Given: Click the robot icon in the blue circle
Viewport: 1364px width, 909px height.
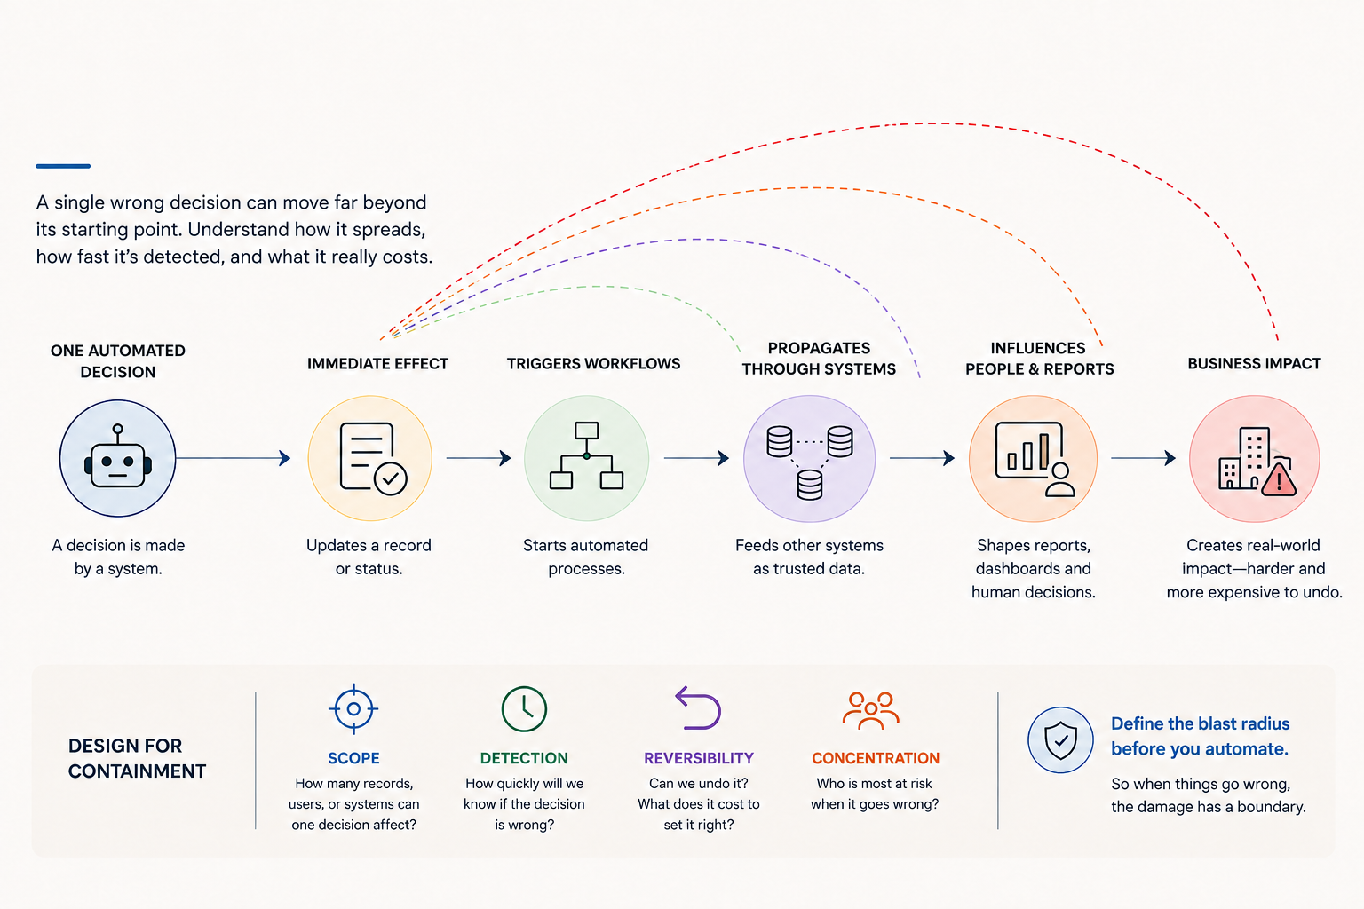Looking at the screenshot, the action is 117,458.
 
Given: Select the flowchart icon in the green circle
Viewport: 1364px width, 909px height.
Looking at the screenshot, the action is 586,455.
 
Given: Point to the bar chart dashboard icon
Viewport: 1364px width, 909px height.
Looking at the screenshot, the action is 1035,459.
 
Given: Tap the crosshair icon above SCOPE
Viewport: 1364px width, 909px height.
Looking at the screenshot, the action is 353,708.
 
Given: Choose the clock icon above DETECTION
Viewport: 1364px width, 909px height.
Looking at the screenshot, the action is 524,708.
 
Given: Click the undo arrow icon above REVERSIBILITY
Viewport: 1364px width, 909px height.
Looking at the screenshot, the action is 699,707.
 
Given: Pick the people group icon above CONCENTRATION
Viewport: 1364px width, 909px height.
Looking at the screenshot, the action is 871,710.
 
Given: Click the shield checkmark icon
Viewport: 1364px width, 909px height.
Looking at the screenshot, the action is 1061,740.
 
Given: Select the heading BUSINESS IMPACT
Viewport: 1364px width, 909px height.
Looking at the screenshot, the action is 1255,363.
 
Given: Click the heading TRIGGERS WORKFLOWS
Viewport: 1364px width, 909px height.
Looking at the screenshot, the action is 594,363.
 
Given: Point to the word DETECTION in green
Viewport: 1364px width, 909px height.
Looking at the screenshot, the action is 524,758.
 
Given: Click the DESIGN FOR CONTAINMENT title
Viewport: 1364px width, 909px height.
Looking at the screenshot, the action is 137,758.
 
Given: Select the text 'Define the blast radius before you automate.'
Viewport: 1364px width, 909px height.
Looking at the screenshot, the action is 1201,736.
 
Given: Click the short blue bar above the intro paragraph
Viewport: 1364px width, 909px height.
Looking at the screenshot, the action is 63,166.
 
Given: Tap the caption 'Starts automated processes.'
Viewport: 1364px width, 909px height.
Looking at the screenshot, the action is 586,557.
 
